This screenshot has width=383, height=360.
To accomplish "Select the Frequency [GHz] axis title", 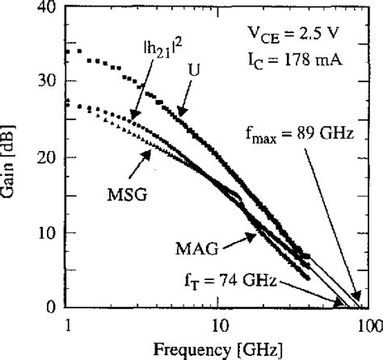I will click(x=218, y=351).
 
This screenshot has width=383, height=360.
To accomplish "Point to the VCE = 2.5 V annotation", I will click(x=292, y=36).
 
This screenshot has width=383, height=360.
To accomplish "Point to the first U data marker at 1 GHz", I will click(x=69, y=51).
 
